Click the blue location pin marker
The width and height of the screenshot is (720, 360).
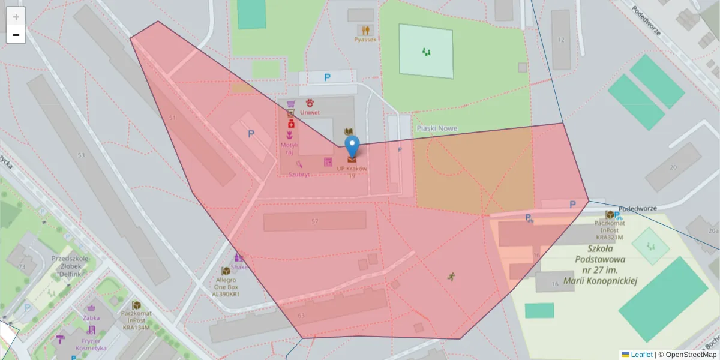tap(352, 146)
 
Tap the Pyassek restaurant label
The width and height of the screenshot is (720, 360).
tap(365, 39)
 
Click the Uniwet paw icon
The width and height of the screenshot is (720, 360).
tap(310, 103)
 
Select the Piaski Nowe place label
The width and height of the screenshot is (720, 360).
tap(436, 128)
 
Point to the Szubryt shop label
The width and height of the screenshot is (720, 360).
tap(299, 175)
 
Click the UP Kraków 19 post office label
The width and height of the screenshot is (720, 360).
tap(352, 172)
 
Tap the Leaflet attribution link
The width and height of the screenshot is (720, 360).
tap(641, 355)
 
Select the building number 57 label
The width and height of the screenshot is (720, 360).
tap(314, 221)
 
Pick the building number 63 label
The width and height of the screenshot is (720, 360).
tap(301, 316)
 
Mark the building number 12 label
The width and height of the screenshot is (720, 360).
tap(561, 40)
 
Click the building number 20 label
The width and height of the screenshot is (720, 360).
tap(673, 167)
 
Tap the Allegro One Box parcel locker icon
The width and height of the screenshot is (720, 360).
tap(226, 271)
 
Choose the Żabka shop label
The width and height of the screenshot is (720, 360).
tap(91, 317)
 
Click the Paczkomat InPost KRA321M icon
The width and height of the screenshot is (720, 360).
tap(610, 215)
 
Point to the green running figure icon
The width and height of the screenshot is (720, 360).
tap(451, 276)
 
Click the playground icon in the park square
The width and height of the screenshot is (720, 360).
tap(427, 52)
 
